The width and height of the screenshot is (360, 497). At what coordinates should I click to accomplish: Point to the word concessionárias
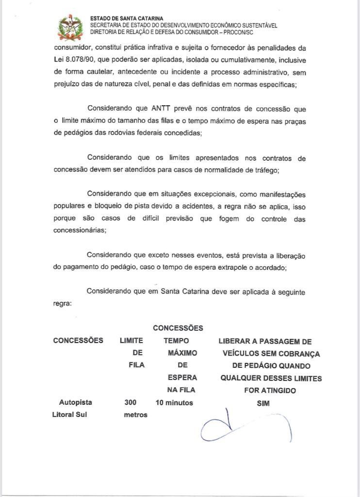pos(80,231)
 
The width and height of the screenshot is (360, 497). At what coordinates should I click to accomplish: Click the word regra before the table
pos(62,303)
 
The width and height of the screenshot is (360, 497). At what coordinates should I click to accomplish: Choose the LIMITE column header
pos(131,341)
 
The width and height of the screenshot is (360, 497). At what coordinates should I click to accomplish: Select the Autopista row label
pos(75,402)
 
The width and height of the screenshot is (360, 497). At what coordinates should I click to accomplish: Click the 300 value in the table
pos(131,402)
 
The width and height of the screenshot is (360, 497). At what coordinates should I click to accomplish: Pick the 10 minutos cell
pos(174,402)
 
